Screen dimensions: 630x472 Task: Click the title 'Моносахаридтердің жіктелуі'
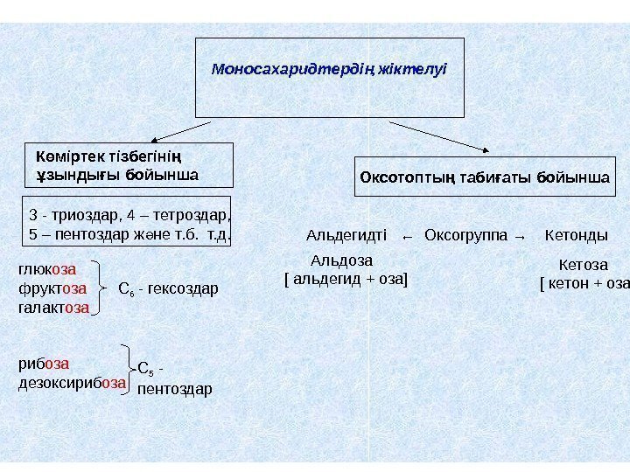(x=329, y=67)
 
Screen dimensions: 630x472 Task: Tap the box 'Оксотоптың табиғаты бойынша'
(x=485, y=177)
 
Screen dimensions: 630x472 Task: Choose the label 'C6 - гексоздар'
(x=167, y=288)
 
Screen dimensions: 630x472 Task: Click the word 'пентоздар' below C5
(x=175, y=388)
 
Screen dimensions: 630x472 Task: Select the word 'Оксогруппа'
(x=465, y=236)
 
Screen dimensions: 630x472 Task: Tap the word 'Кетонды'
(x=577, y=236)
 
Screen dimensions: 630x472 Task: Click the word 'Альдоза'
(x=342, y=260)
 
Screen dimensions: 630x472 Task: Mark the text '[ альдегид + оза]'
(x=347, y=279)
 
